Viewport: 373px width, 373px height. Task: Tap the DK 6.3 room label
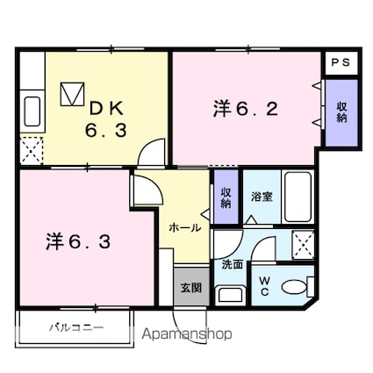point(106,119)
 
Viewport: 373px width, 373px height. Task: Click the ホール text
point(184,227)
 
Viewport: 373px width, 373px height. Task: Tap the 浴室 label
point(262,197)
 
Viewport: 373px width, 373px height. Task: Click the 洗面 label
point(232,263)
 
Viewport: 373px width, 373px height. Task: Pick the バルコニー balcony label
point(75,327)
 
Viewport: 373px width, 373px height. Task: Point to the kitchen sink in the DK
point(32,111)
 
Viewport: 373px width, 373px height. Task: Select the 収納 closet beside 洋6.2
point(341,112)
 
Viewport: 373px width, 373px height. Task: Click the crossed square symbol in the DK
point(72,93)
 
